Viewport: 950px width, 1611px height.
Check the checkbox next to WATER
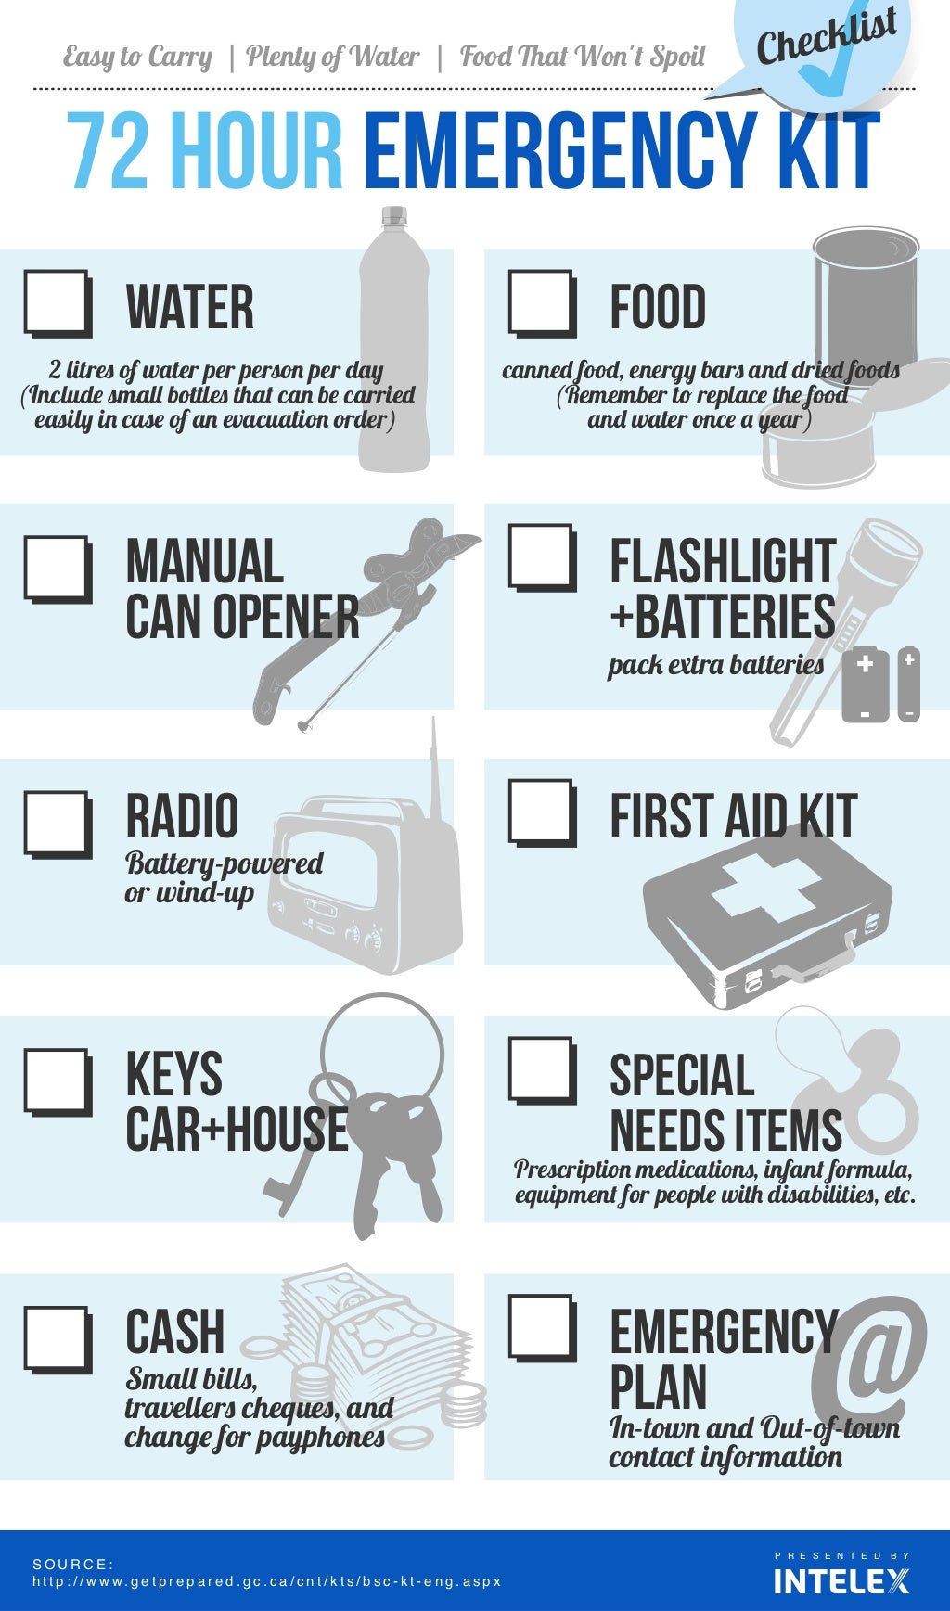58,302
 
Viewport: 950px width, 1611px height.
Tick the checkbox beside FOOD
542,302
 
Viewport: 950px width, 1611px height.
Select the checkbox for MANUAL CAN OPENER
58,569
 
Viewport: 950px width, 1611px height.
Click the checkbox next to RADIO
58,824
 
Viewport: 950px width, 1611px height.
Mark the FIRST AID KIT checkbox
542,812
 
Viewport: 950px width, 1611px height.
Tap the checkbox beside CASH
58,1339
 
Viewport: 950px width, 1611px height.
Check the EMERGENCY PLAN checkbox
542,1327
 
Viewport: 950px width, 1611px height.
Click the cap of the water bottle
394,216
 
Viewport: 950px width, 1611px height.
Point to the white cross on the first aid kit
766,889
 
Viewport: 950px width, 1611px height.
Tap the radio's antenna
432,770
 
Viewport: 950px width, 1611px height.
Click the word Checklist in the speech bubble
827,36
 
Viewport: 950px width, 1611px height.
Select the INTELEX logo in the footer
841,1580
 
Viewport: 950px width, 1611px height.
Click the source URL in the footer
267,1581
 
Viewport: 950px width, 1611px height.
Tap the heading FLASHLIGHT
723,562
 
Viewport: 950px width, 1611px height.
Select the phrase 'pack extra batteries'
715,666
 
